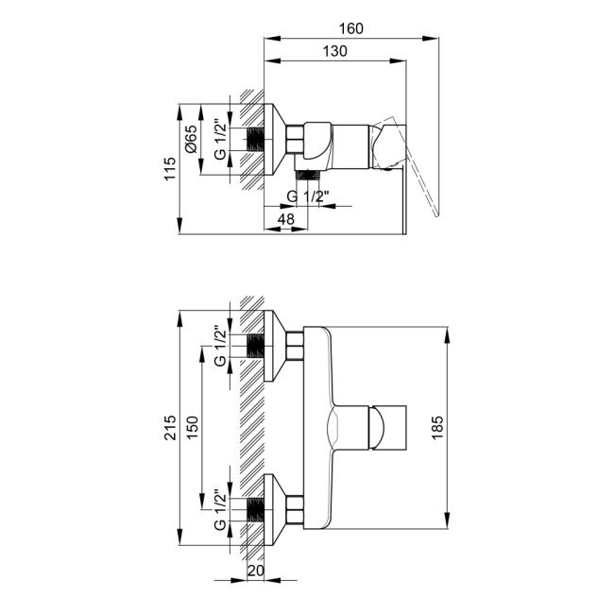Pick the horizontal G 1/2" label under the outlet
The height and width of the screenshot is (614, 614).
pyautogui.click(x=307, y=196)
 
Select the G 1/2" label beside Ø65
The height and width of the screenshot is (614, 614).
pyautogui.click(x=218, y=139)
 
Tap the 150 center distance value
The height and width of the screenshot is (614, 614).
pyautogui.click(x=192, y=430)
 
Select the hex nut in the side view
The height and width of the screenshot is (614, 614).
pyautogui.click(x=292, y=139)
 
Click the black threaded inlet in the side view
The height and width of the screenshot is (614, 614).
pyautogui.click(x=253, y=139)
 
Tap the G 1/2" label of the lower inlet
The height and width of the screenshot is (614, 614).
pyautogui.click(x=218, y=509)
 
